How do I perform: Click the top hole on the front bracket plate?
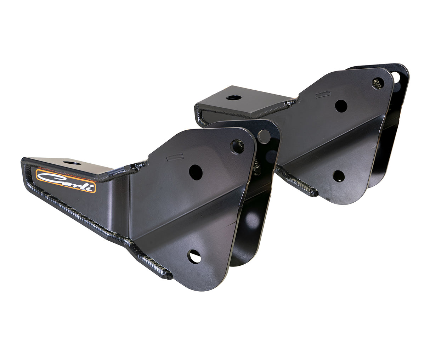point(237,146)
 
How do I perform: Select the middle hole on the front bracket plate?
point(196,172)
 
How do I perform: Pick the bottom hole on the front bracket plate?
point(194,257)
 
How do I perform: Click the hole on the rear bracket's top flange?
point(233,97)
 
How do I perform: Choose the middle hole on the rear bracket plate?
point(341,106)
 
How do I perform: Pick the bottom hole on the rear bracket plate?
point(339,176)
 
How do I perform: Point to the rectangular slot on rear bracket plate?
point(323,94)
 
